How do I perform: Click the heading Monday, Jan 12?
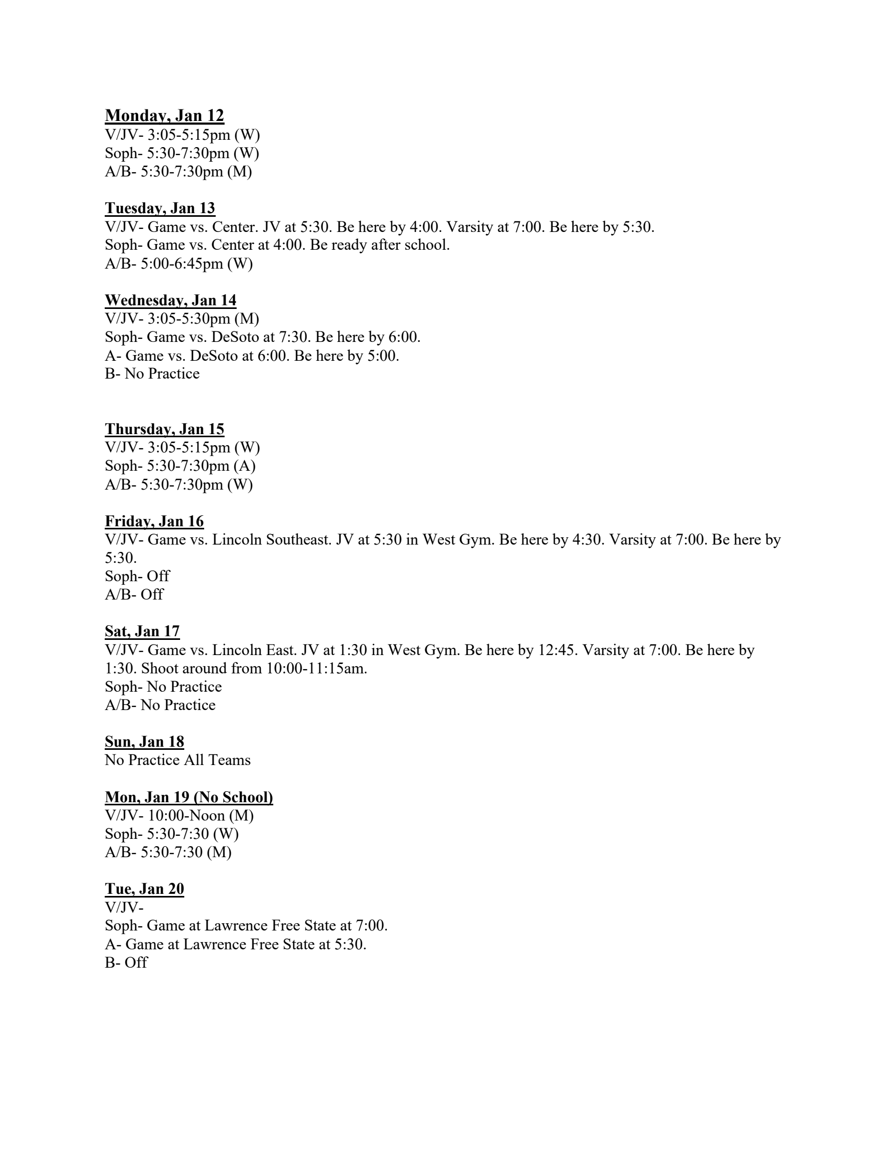[x=164, y=116]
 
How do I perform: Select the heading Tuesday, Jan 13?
[x=160, y=208]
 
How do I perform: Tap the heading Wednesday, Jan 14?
[x=170, y=300]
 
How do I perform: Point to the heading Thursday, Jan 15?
[x=164, y=429]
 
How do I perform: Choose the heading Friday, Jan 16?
[x=154, y=521]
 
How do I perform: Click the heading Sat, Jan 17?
[x=142, y=632]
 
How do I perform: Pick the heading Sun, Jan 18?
[x=144, y=741]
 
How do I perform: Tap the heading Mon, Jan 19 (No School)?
[x=189, y=797]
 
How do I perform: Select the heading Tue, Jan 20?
[x=144, y=889]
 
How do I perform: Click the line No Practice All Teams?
[x=177, y=760]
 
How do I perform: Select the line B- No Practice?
[x=152, y=373]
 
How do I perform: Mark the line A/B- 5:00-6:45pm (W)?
[x=179, y=263]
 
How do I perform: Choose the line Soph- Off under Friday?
[x=137, y=576]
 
